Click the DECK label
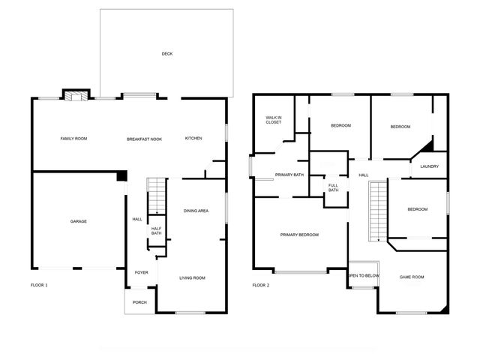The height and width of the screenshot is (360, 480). [166, 54]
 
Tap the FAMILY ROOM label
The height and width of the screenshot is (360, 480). [74, 139]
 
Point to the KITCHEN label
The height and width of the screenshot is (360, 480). [193, 139]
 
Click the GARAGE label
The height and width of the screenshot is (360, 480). [79, 221]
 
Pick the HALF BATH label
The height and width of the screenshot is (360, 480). [156, 231]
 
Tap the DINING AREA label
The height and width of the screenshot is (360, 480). [196, 211]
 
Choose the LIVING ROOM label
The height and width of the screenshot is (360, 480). [192, 278]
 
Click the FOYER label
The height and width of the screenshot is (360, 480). [141, 272]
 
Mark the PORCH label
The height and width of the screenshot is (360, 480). [139, 302]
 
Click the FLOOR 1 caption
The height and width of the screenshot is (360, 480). [39, 285]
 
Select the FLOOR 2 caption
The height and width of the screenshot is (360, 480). [260, 285]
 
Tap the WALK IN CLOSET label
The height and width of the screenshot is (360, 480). [273, 120]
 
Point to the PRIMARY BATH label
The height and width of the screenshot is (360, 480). [289, 175]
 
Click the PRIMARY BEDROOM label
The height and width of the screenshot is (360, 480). [299, 235]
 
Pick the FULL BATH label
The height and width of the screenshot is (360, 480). [333, 187]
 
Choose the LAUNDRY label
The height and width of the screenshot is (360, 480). [429, 166]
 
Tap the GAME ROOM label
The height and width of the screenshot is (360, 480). [411, 277]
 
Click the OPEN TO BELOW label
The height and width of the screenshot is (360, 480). [364, 276]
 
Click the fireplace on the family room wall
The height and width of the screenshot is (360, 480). [73, 95]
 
